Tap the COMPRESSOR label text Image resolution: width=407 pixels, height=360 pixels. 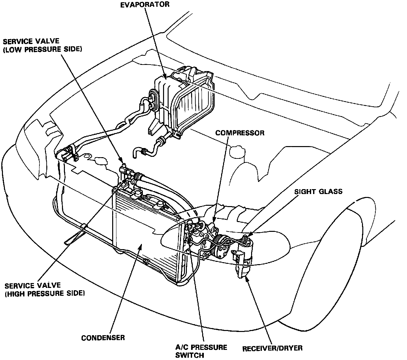click(x=240, y=133)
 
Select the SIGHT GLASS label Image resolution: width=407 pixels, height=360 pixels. click(x=318, y=191)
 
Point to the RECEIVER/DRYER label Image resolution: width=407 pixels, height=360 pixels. click(x=272, y=348)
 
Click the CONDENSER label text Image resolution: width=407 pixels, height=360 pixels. click(x=103, y=337)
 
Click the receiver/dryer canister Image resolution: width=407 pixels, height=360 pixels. click(x=243, y=261)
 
